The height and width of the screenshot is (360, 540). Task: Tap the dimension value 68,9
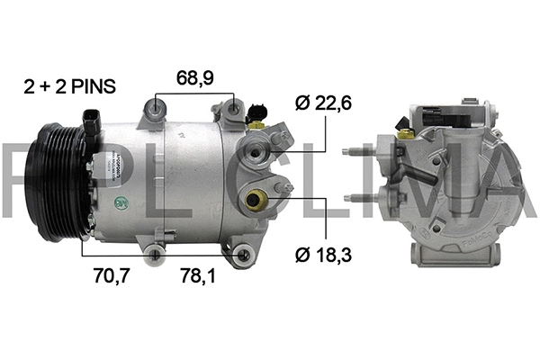click(194, 78)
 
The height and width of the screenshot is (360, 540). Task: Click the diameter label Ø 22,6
click(321, 103)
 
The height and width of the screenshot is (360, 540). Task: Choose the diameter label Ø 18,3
click(321, 256)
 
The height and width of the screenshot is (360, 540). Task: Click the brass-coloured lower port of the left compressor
click(256, 200)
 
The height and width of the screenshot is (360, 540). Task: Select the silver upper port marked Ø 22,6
click(260, 156)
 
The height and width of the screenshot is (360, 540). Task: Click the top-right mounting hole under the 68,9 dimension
click(232, 112)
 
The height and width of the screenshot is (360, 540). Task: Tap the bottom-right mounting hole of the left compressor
click(240, 257)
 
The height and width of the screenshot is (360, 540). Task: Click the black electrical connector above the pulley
click(91, 122)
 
